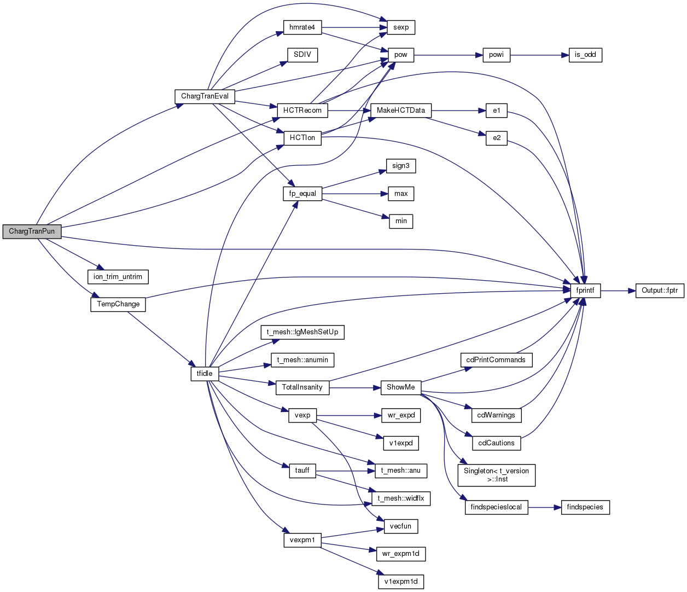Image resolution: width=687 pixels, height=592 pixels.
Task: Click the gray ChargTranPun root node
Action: click(x=32, y=231)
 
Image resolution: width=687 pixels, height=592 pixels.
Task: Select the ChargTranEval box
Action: click(x=205, y=96)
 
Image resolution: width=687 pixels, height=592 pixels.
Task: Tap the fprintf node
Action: click(x=585, y=291)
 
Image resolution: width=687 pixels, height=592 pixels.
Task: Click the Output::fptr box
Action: click(x=660, y=291)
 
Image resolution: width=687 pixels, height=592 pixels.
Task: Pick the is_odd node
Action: click(x=585, y=55)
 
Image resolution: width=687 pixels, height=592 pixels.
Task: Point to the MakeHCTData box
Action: click(x=401, y=111)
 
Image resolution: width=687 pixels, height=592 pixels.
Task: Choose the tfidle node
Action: click(x=205, y=374)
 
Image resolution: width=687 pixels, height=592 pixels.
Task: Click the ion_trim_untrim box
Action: click(x=118, y=277)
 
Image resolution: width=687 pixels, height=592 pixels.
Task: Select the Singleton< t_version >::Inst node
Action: click(x=497, y=475)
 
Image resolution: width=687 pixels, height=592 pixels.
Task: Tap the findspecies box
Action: click(x=585, y=507)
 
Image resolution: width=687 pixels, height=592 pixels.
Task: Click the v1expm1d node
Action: click(x=401, y=582)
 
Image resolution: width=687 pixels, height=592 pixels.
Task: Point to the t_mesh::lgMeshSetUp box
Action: click(x=302, y=332)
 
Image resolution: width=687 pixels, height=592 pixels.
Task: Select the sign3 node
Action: click(x=401, y=166)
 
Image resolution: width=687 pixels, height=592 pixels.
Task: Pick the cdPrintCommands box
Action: click(x=496, y=360)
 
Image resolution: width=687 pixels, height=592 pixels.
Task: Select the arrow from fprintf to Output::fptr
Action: click(x=618, y=291)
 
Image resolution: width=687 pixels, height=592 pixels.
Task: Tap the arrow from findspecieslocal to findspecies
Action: click(x=545, y=507)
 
